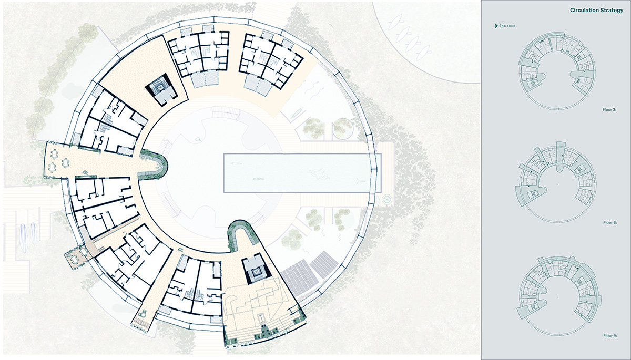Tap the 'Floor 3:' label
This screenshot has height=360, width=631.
click(x=610, y=110)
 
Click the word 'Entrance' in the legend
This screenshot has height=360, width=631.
click(x=507, y=26)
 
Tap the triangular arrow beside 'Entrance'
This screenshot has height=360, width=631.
click(x=497, y=26)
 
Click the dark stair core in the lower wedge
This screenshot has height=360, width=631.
click(x=256, y=270)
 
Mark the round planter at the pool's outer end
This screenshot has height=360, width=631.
click(x=387, y=199)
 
